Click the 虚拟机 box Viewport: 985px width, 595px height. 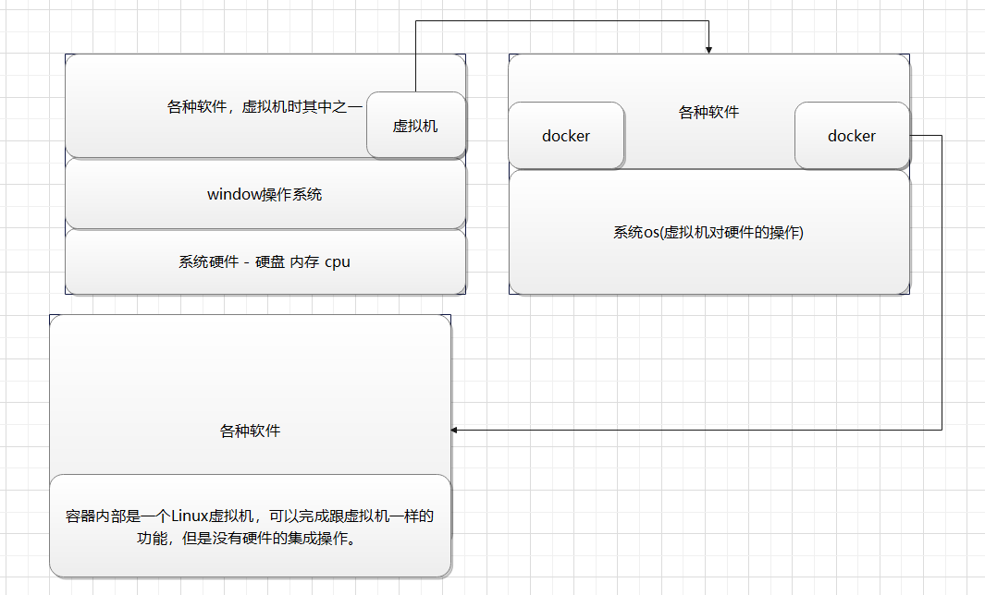point(416,125)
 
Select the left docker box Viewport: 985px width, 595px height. point(566,136)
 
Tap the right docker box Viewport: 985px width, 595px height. point(852,136)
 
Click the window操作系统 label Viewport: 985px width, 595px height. point(265,195)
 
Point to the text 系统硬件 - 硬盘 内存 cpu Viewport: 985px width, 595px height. point(265,261)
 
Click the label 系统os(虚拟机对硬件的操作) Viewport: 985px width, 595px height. point(708,232)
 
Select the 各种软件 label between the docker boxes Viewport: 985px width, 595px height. point(708,113)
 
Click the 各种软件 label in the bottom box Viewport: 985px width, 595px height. point(250,431)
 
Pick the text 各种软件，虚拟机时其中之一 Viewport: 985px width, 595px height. point(265,106)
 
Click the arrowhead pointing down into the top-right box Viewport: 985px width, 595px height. point(708,50)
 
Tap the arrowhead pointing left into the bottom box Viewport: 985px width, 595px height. point(454,430)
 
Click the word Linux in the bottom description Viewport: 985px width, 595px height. point(190,516)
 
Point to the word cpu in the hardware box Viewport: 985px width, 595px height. point(338,262)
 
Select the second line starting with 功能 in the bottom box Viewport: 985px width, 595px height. point(246,539)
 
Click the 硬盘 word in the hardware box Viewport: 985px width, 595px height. point(270,261)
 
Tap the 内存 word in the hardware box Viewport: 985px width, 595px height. point(304,261)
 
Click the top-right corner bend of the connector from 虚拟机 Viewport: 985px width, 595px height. point(708,20)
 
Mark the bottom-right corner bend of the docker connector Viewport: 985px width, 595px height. point(942,430)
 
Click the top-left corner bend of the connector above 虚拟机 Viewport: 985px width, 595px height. point(416,20)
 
